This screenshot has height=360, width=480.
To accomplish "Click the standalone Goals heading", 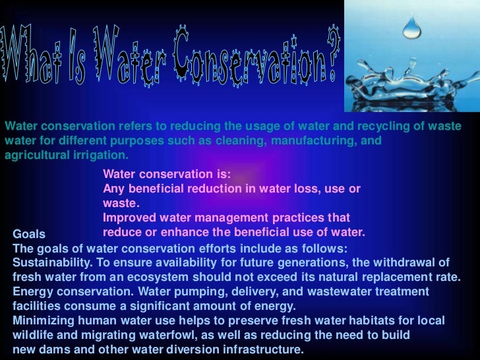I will click(x=29, y=234).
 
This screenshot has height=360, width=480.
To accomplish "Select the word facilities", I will click(x=37, y=306).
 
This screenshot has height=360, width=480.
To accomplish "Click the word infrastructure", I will click(x=260, y=349).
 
